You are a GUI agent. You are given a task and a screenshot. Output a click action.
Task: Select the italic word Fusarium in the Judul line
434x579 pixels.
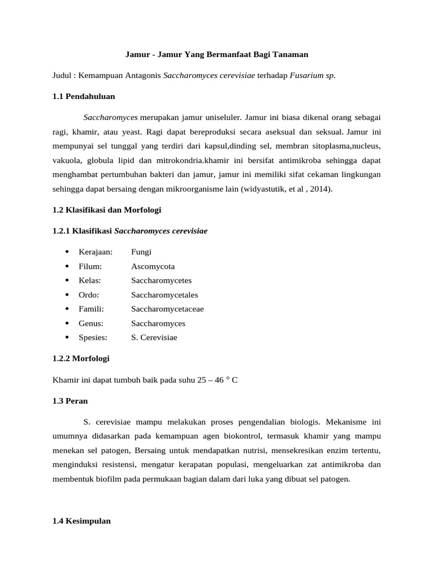point(306,75)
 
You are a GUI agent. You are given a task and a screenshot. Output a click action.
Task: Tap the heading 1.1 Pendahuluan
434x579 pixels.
point(84,96)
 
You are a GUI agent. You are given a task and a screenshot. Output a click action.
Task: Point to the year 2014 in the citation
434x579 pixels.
point(320,189)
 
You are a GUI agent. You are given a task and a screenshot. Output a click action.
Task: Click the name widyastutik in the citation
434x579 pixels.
point(264,189)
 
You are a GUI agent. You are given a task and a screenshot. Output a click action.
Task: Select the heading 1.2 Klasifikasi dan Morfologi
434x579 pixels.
point(107,210)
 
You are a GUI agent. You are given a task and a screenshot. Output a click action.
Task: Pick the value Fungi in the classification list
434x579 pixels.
point(141,252)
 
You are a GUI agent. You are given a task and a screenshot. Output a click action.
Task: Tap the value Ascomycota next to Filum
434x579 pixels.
point(153,266)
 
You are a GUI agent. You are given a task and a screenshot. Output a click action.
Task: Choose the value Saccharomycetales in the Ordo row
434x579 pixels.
point(164,295)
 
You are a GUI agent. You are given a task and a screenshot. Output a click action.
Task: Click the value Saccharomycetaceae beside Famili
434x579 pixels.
point(167,309)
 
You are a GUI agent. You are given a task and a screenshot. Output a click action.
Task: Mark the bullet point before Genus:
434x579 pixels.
point(67,323)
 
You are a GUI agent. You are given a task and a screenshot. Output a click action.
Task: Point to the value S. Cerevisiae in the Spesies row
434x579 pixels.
point(154,338)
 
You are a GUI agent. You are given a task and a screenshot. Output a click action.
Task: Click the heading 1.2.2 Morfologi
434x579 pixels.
point(81,358)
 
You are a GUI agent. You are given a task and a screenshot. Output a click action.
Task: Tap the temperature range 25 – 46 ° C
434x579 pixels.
point(217,379)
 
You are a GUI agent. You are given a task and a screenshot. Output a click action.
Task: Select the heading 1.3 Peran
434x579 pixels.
point(70,400)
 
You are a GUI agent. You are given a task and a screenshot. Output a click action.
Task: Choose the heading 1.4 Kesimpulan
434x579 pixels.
point(81,521)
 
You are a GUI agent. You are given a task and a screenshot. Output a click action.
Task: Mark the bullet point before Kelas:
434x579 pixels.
point(67,280)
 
